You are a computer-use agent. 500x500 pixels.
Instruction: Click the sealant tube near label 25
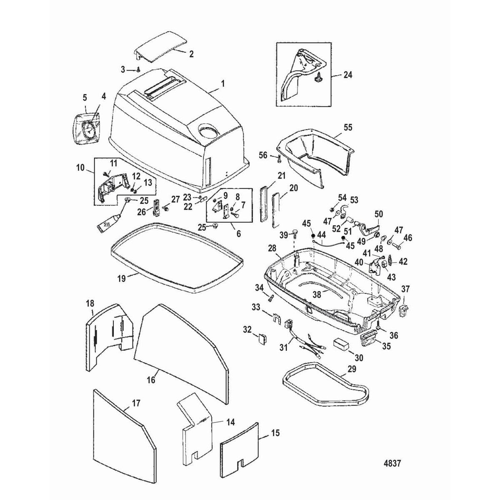pos(107,223)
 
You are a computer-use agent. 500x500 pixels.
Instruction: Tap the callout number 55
pos(348,127)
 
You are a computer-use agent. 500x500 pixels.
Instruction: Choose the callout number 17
pos(136,403)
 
